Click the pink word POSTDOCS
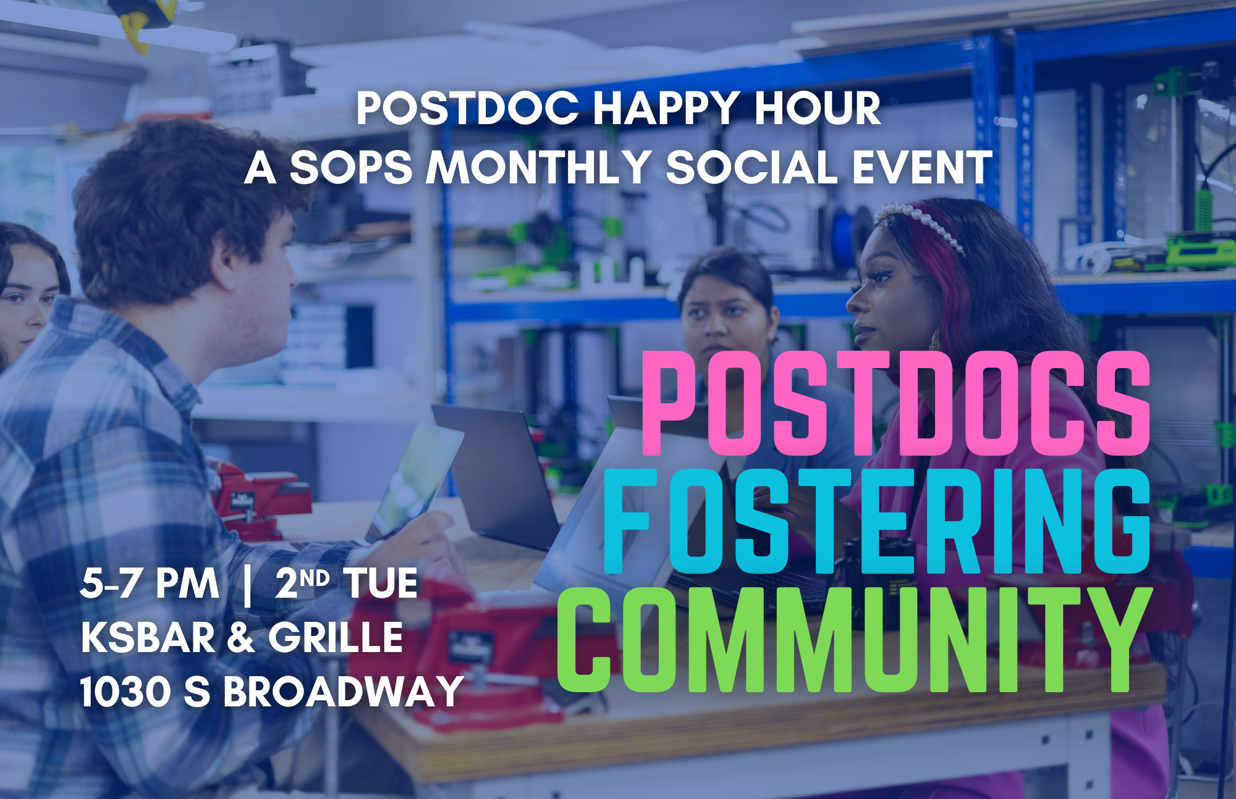(896, 403)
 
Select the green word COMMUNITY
(855, 639)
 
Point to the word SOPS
(350, 167)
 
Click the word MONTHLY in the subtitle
(538, 167)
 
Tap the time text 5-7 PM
(150, 583)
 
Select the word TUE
(381, 583)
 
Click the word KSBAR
(148, 637)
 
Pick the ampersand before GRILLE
(242, 637)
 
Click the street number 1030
(125, 691)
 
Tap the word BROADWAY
(343, 691)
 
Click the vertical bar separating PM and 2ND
(248, 585)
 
